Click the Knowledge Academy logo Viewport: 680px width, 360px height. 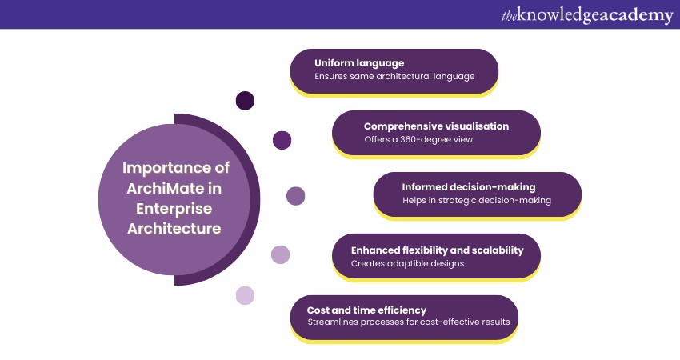tap(587, 16)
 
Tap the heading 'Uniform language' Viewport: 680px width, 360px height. tap(359, 63)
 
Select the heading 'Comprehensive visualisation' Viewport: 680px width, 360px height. tap(436, 126)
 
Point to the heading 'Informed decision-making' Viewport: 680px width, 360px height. tap(469, 187)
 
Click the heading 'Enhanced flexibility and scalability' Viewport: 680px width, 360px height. tap(437, 250)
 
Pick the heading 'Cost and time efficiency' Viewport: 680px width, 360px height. tap(366, 310)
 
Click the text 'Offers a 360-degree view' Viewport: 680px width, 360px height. tap(418, 139)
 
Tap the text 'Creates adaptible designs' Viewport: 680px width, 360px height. tap(408, 263)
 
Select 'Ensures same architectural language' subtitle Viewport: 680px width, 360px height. tap(394, 76)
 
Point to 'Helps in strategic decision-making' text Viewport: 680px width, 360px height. tap(477, 200)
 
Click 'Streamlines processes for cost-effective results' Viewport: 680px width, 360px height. tap(409, 322)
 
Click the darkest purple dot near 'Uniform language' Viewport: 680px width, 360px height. tap(245, 101)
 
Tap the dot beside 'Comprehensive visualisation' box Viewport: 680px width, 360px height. tap(282, 140)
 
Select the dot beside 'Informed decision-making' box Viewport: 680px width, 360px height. tap(296, 196)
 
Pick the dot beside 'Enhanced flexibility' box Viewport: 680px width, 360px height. tap(280, 254)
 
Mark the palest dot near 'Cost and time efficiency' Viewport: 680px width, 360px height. tap(245, 295)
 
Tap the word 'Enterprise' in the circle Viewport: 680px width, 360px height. tap(174, 209)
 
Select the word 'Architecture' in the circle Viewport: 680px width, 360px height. tap(174, 229)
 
